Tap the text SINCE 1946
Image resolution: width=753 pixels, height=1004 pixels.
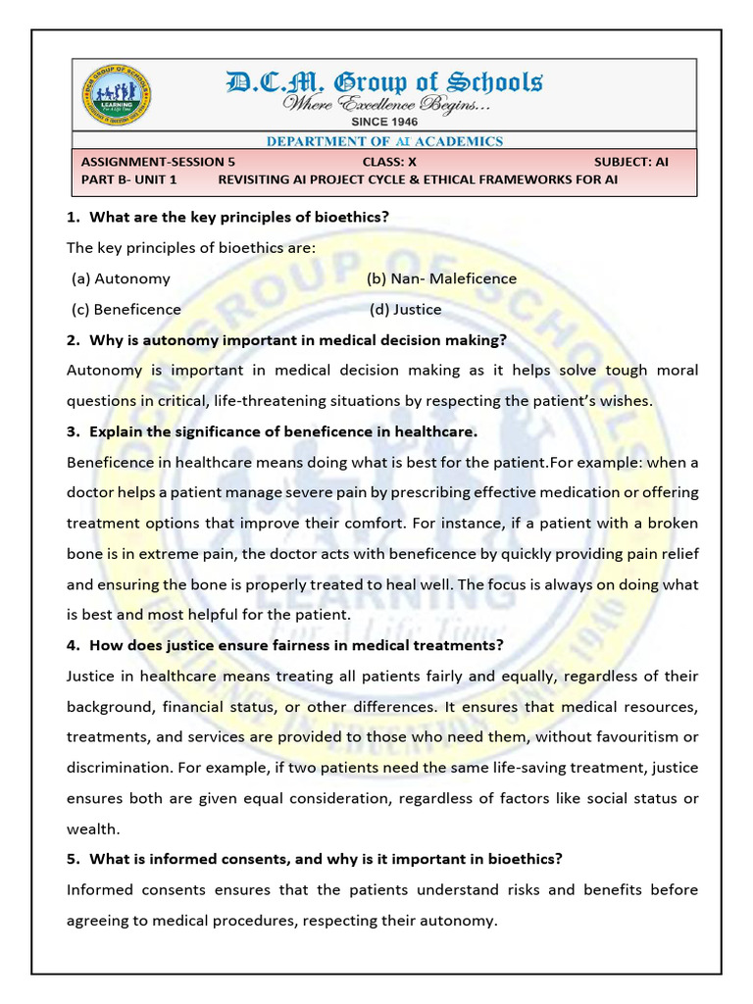(x=383, y=122)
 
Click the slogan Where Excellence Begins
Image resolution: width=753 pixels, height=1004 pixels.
(x=386, y=103)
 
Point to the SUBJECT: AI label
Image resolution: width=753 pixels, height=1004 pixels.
(x=631, y=162)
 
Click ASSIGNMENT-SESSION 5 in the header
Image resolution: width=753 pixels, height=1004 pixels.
(x=158, y=162)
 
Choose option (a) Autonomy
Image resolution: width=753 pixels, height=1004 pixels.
(x=121, y=278)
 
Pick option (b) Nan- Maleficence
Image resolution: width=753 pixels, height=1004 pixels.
(x=441, y=278)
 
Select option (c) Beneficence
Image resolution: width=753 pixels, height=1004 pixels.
(x=126, y=309)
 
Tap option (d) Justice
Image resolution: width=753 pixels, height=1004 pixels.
(x=406, y=309)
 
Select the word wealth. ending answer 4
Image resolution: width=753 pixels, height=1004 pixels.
(x=92, y=828)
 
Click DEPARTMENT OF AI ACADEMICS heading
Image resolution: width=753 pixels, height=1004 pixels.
(x=385, y=141)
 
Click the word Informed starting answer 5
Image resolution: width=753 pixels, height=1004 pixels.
(x=99, y=890)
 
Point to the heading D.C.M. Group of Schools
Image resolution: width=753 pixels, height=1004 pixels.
(x=384, y=81)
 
